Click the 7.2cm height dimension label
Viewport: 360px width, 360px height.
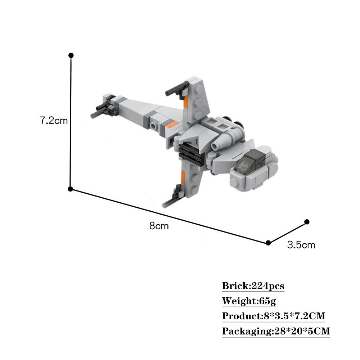54,121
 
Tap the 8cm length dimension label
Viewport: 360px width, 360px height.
159,226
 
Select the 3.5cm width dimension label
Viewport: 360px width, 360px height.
301,245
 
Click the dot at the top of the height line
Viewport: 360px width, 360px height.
71,55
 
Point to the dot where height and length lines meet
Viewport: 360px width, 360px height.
71,189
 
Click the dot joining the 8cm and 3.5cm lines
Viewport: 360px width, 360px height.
268,243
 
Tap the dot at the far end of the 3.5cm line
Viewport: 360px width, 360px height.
307,222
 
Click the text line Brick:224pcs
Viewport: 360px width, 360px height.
253,286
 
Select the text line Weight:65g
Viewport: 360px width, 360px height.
249,301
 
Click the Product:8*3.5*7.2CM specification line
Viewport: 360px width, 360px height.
274,316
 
